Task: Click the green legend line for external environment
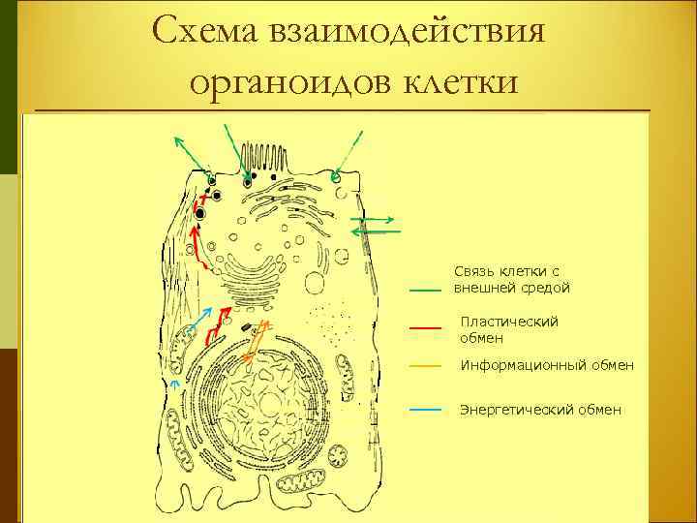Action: pos(426,290)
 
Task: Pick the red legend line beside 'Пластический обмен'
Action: pos(426,328)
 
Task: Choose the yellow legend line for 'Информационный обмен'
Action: pos(426,366)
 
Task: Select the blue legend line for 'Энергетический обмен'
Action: pos(426,410)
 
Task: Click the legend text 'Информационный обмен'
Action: pos(547,365)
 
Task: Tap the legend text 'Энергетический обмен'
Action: pos(540,410)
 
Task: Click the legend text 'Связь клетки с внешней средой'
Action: pos(512,280)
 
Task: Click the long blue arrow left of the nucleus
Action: pos(199,324)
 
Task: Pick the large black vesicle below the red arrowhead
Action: pos(200,213)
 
